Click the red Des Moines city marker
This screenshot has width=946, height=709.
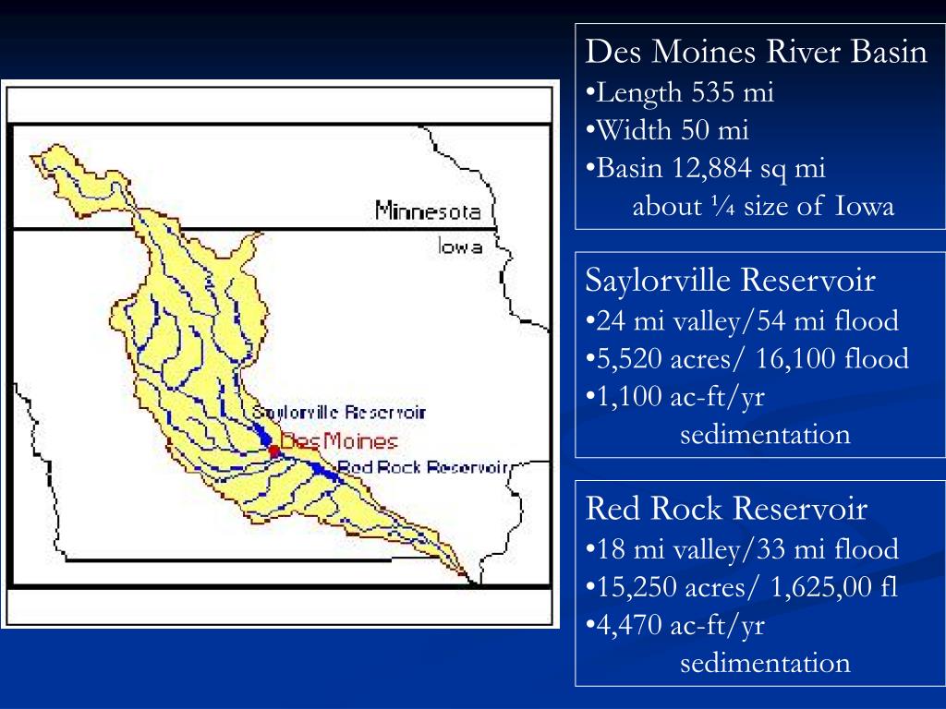click(x=273, y=450)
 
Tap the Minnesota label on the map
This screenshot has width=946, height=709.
click(x=428, y=211)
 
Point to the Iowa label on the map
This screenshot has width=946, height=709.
click(x=460, y=246)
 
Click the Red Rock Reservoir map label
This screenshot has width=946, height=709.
click(x=423, y=467)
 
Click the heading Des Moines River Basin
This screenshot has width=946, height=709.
click(x=757, y=53)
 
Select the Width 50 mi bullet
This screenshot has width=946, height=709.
click(x=673, y=130)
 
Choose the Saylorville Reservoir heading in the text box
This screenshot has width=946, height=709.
click(x=731, y=280)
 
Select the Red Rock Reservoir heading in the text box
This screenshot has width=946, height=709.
click(x=727, y=508)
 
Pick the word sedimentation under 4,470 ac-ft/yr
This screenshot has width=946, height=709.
click(x=765, y=662)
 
